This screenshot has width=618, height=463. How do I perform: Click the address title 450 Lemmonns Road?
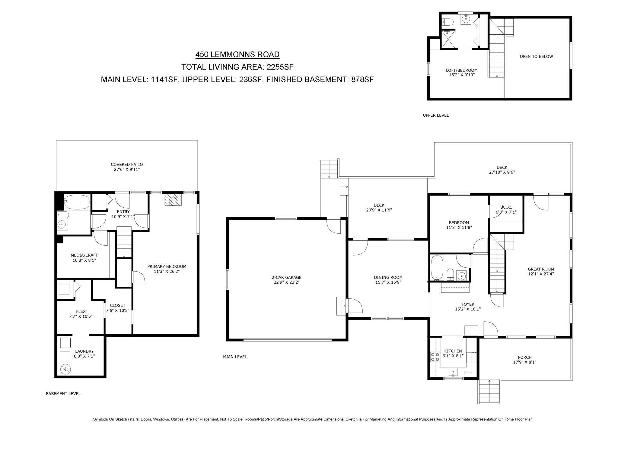pyautogui.click(x=237, y=55)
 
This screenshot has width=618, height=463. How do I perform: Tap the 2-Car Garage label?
pyautogui.click(x=286, y=278)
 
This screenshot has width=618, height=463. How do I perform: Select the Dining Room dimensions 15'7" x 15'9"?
pyautogui.click(x=388, y=282)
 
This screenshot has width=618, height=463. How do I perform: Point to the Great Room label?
pyautogui.click(x=541, y=269)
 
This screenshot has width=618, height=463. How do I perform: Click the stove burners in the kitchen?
pyautogui.click(x=435, y=357)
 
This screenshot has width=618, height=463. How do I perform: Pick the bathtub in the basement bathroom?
pyautogui.click(x=77, y=202)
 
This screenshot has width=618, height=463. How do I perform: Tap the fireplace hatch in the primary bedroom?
pyautogui.click(x=173, y=200)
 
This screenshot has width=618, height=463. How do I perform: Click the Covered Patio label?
pyautogui.click(x=127, y=165)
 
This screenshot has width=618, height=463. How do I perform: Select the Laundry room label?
pyautogui.click(x=84, y=351)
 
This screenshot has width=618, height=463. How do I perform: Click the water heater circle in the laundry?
pyautogui.click(x=66, y=369)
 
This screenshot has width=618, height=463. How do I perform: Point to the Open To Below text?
pyautogui.click(x=536, y=56)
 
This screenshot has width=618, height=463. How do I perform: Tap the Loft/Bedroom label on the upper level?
pyautogui.click(x=462, y=71)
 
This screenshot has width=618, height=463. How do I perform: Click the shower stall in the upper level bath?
pyautogui.click(x=448, y=39)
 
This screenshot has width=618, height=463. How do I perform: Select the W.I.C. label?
pyautogui.click(x=506, y=207)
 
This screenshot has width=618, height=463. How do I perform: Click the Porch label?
pyautogui.click(x=524, y=357)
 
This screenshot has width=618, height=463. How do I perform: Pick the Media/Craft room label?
pyautogui.click(x=84, y=255)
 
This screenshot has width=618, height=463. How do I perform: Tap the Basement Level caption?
pyautogui.click(x=63, y=394)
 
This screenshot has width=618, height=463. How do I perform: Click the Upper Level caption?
pyautogui.click(x=436, y=115)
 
